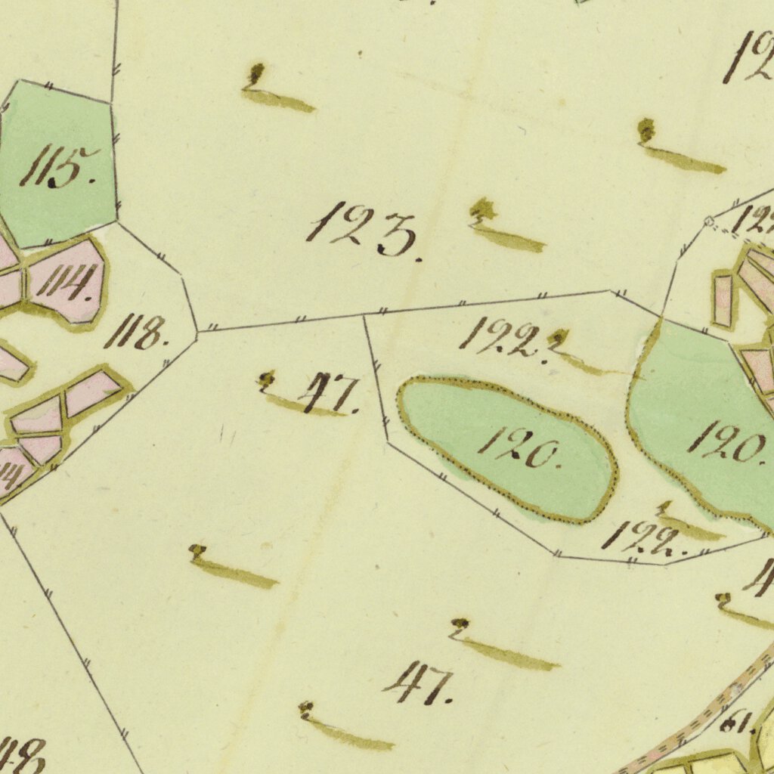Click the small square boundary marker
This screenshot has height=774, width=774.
click(708, 220)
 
